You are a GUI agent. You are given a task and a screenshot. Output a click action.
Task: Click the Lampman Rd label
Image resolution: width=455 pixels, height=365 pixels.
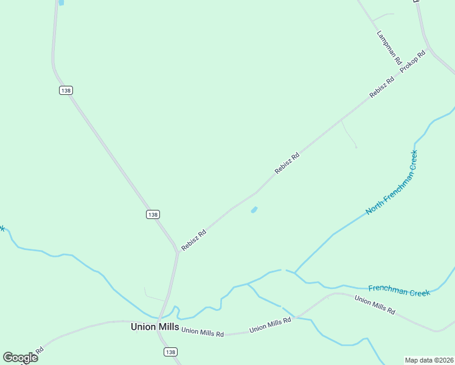(x=389, y=48)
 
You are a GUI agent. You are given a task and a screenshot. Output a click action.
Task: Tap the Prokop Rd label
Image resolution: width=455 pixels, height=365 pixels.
(x=412, y=63)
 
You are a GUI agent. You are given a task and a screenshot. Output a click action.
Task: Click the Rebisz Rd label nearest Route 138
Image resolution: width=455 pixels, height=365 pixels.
(x=193, y=240)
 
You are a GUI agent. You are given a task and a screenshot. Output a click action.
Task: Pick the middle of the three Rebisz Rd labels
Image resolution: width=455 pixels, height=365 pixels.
(x=287, y=163)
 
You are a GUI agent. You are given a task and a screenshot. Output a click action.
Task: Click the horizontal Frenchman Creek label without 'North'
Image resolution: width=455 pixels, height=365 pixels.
(x=399, y=290)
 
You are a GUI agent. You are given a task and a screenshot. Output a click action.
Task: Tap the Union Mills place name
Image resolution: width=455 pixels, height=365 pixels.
(x=155, y=327)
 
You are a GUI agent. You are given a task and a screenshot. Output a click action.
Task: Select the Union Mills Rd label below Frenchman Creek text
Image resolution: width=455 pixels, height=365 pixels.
(x=375, y=305)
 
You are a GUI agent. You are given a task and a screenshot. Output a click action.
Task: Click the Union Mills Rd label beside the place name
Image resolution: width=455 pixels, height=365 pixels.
(x=203, y=332)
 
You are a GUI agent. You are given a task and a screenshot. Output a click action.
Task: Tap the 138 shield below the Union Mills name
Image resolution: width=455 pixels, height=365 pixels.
(x=171, y=352)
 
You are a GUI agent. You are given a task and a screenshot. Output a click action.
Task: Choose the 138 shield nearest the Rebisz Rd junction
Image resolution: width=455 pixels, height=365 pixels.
(x=153, y=214)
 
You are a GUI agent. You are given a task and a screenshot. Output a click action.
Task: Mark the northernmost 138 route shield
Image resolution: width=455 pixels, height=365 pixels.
(x=66, y=90)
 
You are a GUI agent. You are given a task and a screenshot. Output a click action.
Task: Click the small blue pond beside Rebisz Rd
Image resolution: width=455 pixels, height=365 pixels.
(x=254, y=210)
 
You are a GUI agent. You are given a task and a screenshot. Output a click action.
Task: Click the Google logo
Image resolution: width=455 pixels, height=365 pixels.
(x=20, y=357)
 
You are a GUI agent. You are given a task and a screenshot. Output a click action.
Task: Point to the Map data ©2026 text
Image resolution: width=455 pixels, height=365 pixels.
(x=429, y=360)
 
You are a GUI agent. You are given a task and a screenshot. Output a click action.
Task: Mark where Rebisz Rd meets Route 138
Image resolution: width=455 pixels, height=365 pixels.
(x=177, y=250)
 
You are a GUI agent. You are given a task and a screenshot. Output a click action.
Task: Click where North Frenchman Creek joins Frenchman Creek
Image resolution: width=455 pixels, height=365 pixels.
(x=294, y=272)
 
